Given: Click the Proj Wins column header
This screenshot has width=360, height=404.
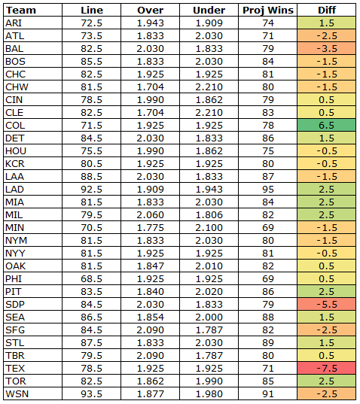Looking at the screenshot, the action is [x=268, y=11].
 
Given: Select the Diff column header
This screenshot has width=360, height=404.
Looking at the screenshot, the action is [x=327, y=11].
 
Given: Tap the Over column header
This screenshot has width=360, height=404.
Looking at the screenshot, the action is [x=151, y=11].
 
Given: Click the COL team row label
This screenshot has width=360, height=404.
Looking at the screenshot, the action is [x=15, y=126].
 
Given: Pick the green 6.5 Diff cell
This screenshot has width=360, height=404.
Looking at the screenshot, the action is [x=326, y=126].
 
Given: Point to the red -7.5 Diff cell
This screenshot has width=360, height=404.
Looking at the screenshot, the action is [x=326, y=369].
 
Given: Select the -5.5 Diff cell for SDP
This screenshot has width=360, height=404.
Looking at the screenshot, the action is [x=326, y=305].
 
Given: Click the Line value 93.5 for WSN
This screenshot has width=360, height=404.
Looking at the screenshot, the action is [x=92, y=394].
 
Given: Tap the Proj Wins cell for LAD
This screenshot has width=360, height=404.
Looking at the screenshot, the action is [x=268, y=190].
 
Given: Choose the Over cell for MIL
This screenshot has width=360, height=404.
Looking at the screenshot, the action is [x=151, y=215].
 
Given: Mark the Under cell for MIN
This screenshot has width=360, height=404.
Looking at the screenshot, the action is [x=209, y=228].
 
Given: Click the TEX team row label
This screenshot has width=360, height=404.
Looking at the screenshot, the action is [x=15, y=369].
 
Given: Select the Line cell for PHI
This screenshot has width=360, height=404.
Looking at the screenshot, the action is [x=92, y=279].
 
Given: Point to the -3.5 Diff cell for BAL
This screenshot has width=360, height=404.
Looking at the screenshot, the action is [x=326, y=49].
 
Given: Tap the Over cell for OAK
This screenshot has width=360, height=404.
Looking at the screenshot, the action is [x=151, y=266].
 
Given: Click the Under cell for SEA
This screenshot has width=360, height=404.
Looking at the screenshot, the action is [x=209, y=317].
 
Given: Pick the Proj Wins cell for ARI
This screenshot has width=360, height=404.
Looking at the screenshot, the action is [x=268, y=23].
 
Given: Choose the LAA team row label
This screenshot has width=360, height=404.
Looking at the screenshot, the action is [x=15, y=177].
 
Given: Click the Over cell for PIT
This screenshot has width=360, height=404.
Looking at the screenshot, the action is [x=151, y=292].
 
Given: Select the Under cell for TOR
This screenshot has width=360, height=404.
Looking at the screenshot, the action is [x=209, y=381].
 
